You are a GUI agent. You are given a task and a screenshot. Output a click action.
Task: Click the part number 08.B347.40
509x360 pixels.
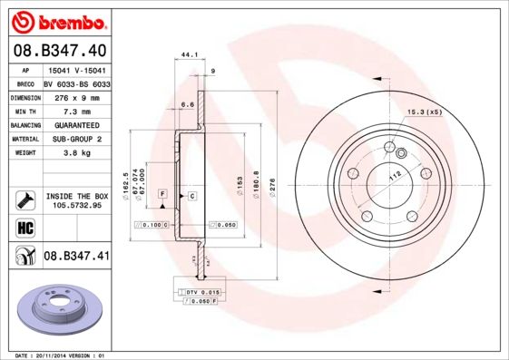click(60, 51)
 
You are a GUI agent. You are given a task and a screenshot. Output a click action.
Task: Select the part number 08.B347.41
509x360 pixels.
click(76, 257)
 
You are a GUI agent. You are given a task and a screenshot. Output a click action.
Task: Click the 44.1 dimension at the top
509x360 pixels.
click(189, 55)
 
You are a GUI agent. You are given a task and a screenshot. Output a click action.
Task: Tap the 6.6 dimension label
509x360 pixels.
click(188, 104)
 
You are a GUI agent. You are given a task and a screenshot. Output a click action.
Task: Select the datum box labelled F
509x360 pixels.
click(162, 194)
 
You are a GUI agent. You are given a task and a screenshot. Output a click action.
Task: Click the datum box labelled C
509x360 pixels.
click(192, 195)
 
